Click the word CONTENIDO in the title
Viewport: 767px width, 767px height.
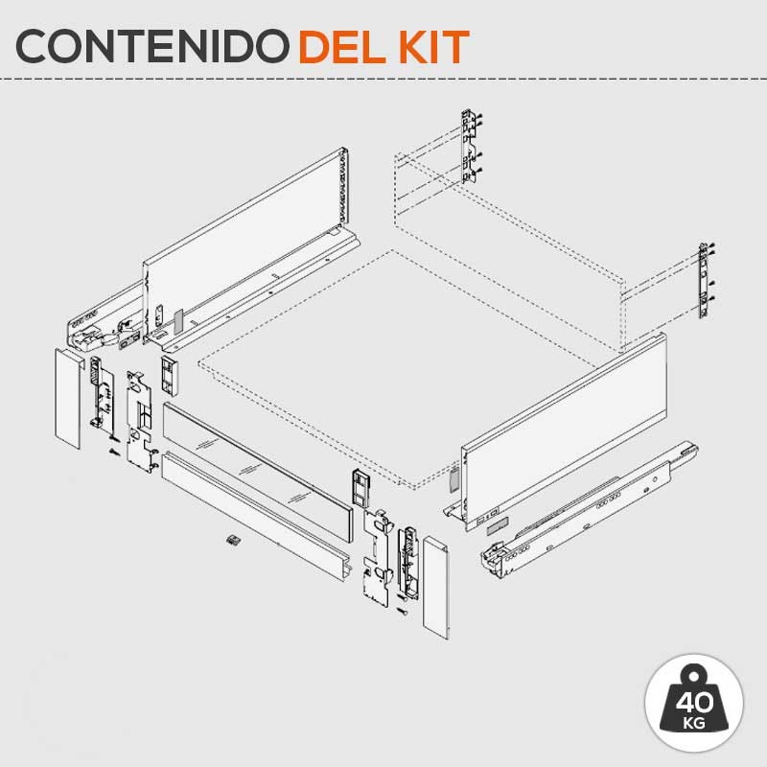(152, 46)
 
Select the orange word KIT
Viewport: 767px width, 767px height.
(434, 46)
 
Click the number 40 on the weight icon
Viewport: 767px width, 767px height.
(694, 702)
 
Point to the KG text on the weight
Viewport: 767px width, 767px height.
(694, 723)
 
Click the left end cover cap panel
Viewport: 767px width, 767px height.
(68, 398)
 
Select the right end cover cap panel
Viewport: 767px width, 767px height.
(436, 587)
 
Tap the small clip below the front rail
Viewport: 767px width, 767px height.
(234, 540)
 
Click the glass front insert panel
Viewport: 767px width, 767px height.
(257, 471)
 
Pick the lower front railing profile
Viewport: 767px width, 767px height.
(256, 516)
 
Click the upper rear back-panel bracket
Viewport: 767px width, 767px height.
(470, 146)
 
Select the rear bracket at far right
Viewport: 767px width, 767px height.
(705, 280)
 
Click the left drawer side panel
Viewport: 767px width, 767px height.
(244, 244)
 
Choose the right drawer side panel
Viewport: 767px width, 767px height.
(564, 430)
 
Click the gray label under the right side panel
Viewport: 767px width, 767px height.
(498, 524)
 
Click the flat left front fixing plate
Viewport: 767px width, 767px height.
(140, 422)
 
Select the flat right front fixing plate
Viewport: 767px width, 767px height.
(378, 558)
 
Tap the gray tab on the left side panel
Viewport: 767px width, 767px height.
(177, 320)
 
